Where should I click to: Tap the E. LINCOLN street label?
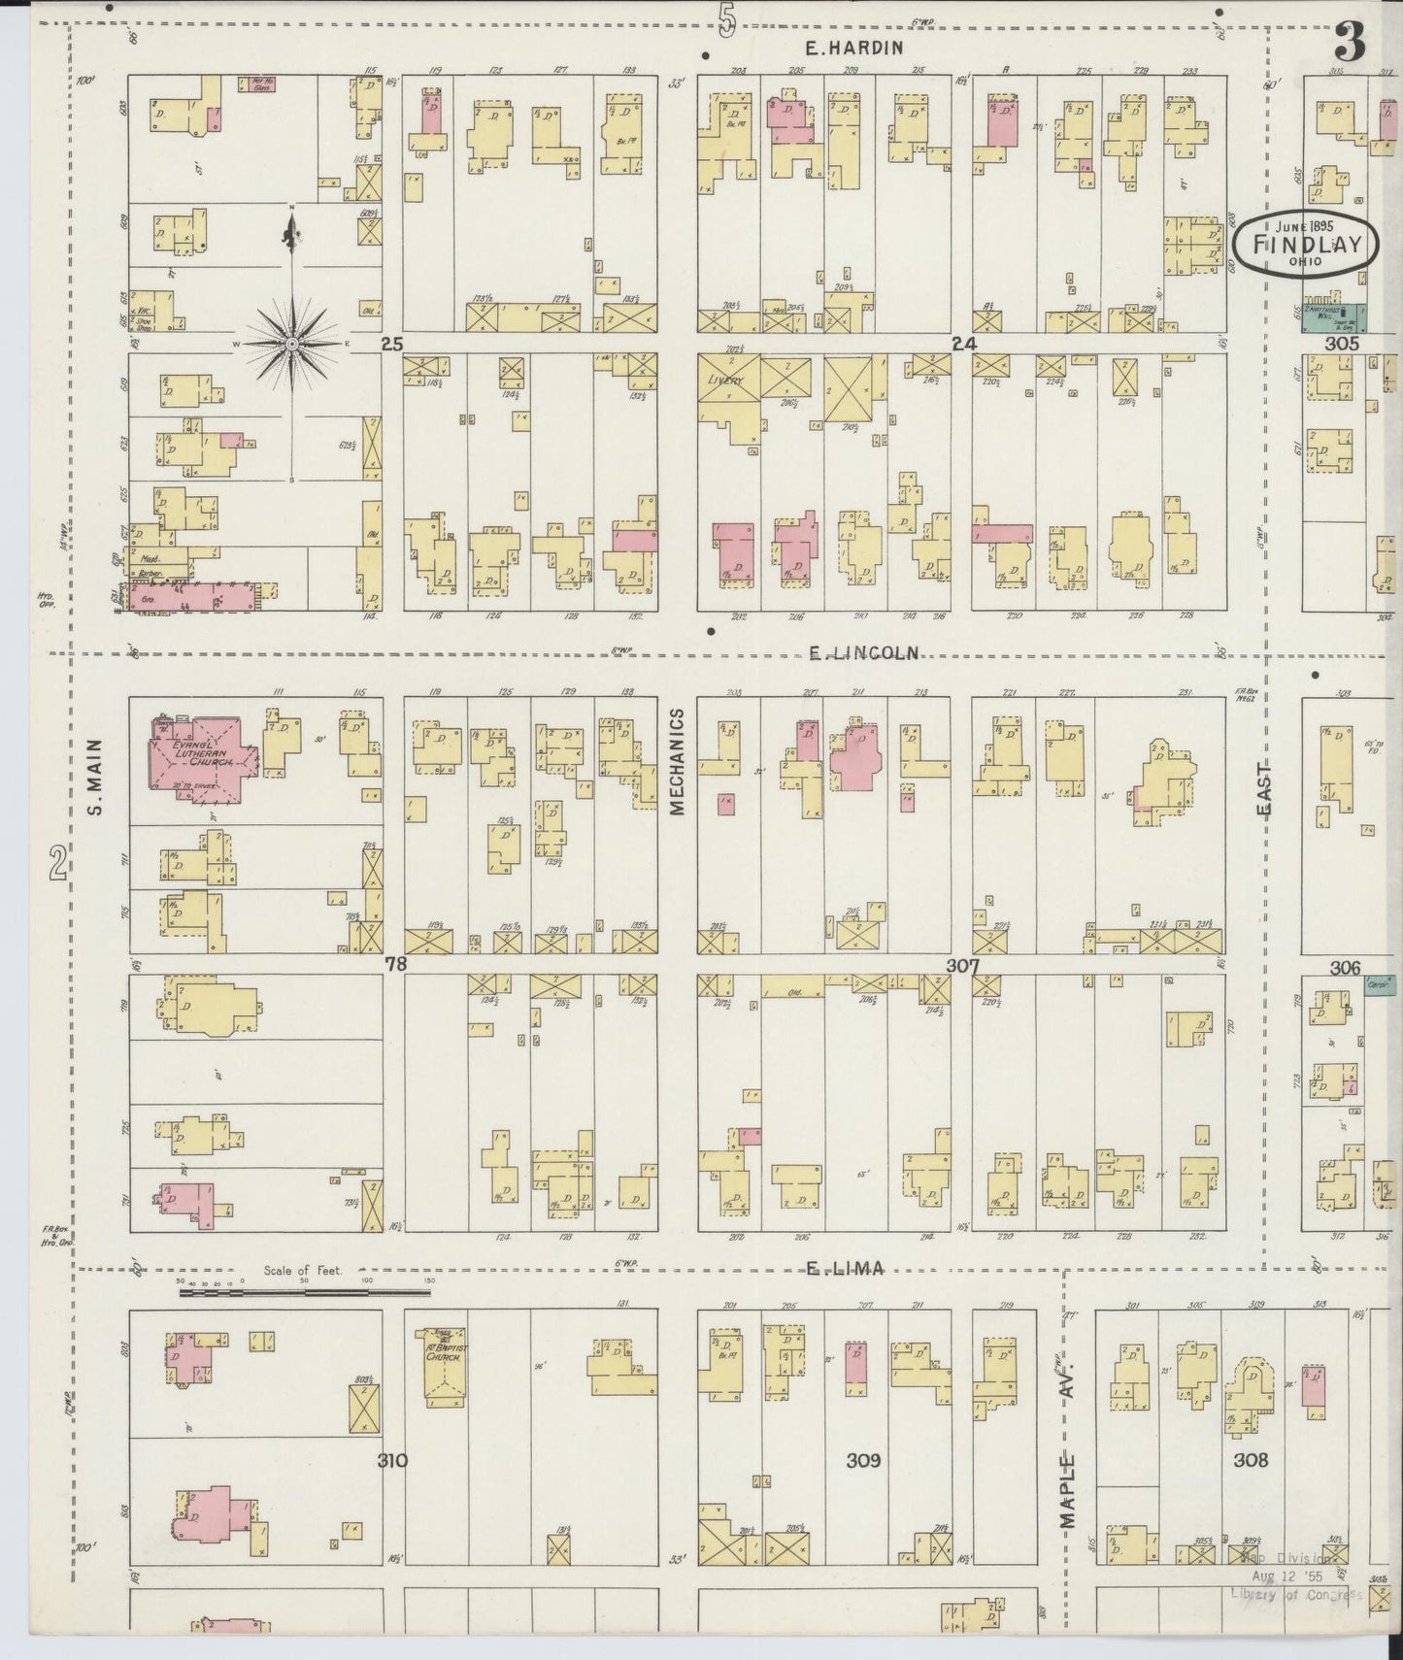(x=864, y=653)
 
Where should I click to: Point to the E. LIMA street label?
(x=847, y=1268)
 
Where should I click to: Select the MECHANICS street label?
(x=677, y=761)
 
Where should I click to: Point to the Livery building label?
(x=723, y=381)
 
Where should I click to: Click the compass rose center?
(x=292, y=345)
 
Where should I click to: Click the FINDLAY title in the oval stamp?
(x=1306, y=244)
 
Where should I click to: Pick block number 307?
(x=962, y=966)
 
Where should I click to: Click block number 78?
(x=394, y=964)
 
